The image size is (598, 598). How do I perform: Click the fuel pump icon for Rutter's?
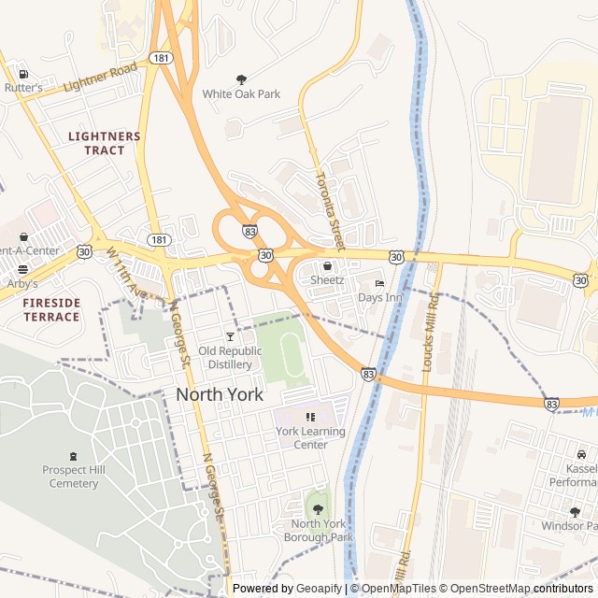[22, 74]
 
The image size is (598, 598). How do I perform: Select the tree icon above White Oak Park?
[242, 79]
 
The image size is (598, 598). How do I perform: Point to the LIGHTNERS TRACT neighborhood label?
[105, 143]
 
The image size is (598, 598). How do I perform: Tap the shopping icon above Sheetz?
[327, 266]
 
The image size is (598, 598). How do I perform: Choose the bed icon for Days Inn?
[379, 283]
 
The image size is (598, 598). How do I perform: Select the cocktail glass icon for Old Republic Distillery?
[230, 335]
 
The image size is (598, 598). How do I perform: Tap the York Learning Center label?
[310, 437]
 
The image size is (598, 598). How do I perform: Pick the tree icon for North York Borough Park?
[318, 509]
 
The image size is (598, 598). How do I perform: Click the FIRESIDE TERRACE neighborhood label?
[51, 310]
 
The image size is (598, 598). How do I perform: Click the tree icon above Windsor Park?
[575, 512]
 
